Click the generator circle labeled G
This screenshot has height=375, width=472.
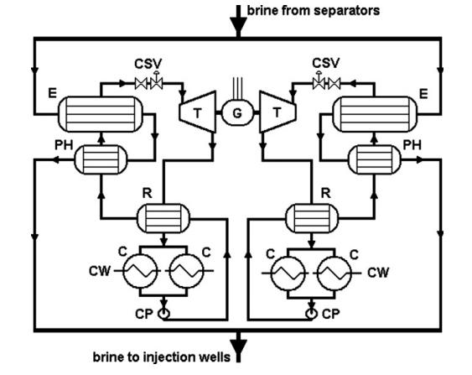coord(237,112)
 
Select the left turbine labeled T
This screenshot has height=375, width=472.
coord(198,112)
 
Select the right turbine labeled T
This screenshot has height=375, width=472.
coord(277,112)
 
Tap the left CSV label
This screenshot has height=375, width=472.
coord(148,64)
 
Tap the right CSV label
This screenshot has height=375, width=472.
coord(325,63)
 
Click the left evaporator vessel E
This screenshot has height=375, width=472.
coord(101,114)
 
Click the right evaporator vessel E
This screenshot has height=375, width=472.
coord(375,114)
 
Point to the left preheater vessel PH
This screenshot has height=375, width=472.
coord(101,159)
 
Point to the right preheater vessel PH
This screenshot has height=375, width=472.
coord(375,159)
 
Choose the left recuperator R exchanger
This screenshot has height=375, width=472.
coord(163,218)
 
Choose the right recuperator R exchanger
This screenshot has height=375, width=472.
coord(312,218)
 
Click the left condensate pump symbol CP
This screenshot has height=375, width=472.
coord(163,314)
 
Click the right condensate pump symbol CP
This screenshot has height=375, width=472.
coord(312,314)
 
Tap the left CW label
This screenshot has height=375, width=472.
coord(100,271)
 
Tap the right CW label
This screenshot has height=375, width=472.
coord(378,273)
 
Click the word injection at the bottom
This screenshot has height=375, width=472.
coord(169,357)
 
